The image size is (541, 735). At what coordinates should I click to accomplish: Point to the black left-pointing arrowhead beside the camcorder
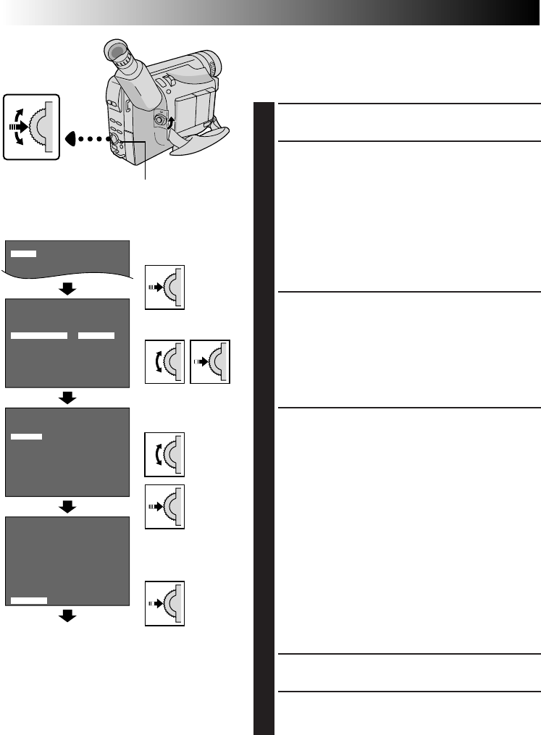click(72, 138)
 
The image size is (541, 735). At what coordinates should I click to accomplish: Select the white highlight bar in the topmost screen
click(23, 253)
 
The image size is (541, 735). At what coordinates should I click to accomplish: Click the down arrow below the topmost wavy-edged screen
click(67, 290)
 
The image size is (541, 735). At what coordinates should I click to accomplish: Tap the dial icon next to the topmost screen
click(164, 287)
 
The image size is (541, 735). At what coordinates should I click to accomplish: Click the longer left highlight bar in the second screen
click(40, 336)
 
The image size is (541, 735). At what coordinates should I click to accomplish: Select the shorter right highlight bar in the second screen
click(96, 336)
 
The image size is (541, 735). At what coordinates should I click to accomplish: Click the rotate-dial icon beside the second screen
click(164, 361)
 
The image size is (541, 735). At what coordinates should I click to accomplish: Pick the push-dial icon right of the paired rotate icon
click(209, 361)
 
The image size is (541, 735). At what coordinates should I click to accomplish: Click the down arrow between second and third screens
click(67, 398)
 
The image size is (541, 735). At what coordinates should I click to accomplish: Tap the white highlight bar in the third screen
click(27, 436)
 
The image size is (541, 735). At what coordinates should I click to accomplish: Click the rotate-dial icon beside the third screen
click(164, 454)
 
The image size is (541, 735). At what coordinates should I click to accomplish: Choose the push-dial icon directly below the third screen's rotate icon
click(164, 506)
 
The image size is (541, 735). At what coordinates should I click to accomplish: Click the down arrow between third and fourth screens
click(67, 508)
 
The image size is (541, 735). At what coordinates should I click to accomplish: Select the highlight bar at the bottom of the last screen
click(30, 600)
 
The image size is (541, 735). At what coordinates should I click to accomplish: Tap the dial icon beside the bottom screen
click(164, 602)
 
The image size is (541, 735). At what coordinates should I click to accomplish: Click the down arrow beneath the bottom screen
click(67, 616)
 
